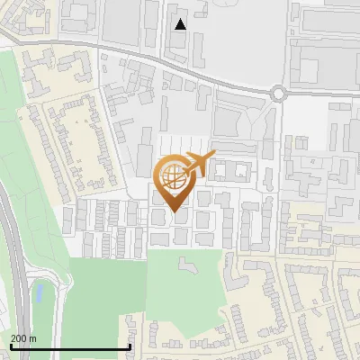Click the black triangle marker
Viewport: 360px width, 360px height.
[181, 24]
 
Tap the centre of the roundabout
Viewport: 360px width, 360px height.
[277, 92]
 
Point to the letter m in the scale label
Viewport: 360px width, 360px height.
[33, 338]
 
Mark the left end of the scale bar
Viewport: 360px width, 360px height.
[10, 346]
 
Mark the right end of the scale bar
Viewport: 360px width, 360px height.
[130, 346]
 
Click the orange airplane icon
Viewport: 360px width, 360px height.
[199, 164]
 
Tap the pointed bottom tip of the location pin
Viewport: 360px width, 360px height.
[174, 211]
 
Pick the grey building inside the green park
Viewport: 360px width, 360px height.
[186, 267]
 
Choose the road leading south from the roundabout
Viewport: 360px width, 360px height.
[278, 126]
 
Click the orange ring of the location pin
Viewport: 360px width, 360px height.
[159, 176]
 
